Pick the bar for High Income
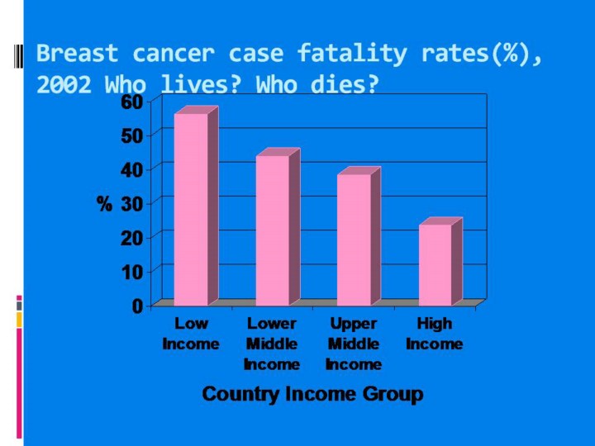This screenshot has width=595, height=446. pos(435,264)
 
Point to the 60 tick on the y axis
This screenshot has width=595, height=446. pos(131,101)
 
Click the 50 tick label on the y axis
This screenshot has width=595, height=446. pos(131,135)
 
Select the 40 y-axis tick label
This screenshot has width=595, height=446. pos(131,168)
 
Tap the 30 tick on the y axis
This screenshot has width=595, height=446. pos(131,203)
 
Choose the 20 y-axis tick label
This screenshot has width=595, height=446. pos(131,237)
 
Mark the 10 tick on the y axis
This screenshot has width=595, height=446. pos(131,271)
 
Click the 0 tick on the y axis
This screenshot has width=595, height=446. pos(137,306)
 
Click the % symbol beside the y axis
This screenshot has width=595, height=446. pos(104,204)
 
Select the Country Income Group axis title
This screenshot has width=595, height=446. pos(312,394)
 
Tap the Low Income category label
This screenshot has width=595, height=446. pos(191,334)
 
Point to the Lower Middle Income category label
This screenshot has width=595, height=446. pos(272,344)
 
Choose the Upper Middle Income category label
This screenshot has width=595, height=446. pos(354,344)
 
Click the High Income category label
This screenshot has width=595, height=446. pos(435,334)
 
